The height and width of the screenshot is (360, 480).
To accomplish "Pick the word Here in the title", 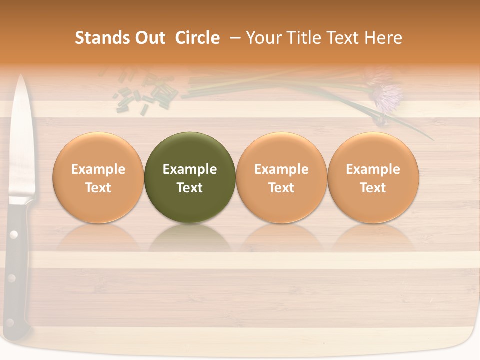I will pyautogui.click(x=383, y=38).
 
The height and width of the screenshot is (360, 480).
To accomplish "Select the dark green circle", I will pyautogui.click(x=189, y=178).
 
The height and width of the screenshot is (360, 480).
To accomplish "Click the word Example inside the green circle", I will pyautogui.click(x=189, y=169).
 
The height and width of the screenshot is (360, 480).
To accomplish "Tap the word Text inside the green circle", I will pyautogui.click(x=189, y=188).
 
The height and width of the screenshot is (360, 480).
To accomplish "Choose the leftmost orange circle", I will pyautogui.click(x=98, y=178).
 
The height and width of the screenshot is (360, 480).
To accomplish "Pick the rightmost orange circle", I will pyautogui.click(x=373, y=178).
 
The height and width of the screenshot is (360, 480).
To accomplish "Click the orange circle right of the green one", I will pyautogui.click(x=281, y=178).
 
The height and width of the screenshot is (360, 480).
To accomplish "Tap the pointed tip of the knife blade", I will pyautogui.click(x=21, y=77).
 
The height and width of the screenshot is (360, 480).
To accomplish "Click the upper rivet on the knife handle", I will pyautogui.click(x=13, y=234).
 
